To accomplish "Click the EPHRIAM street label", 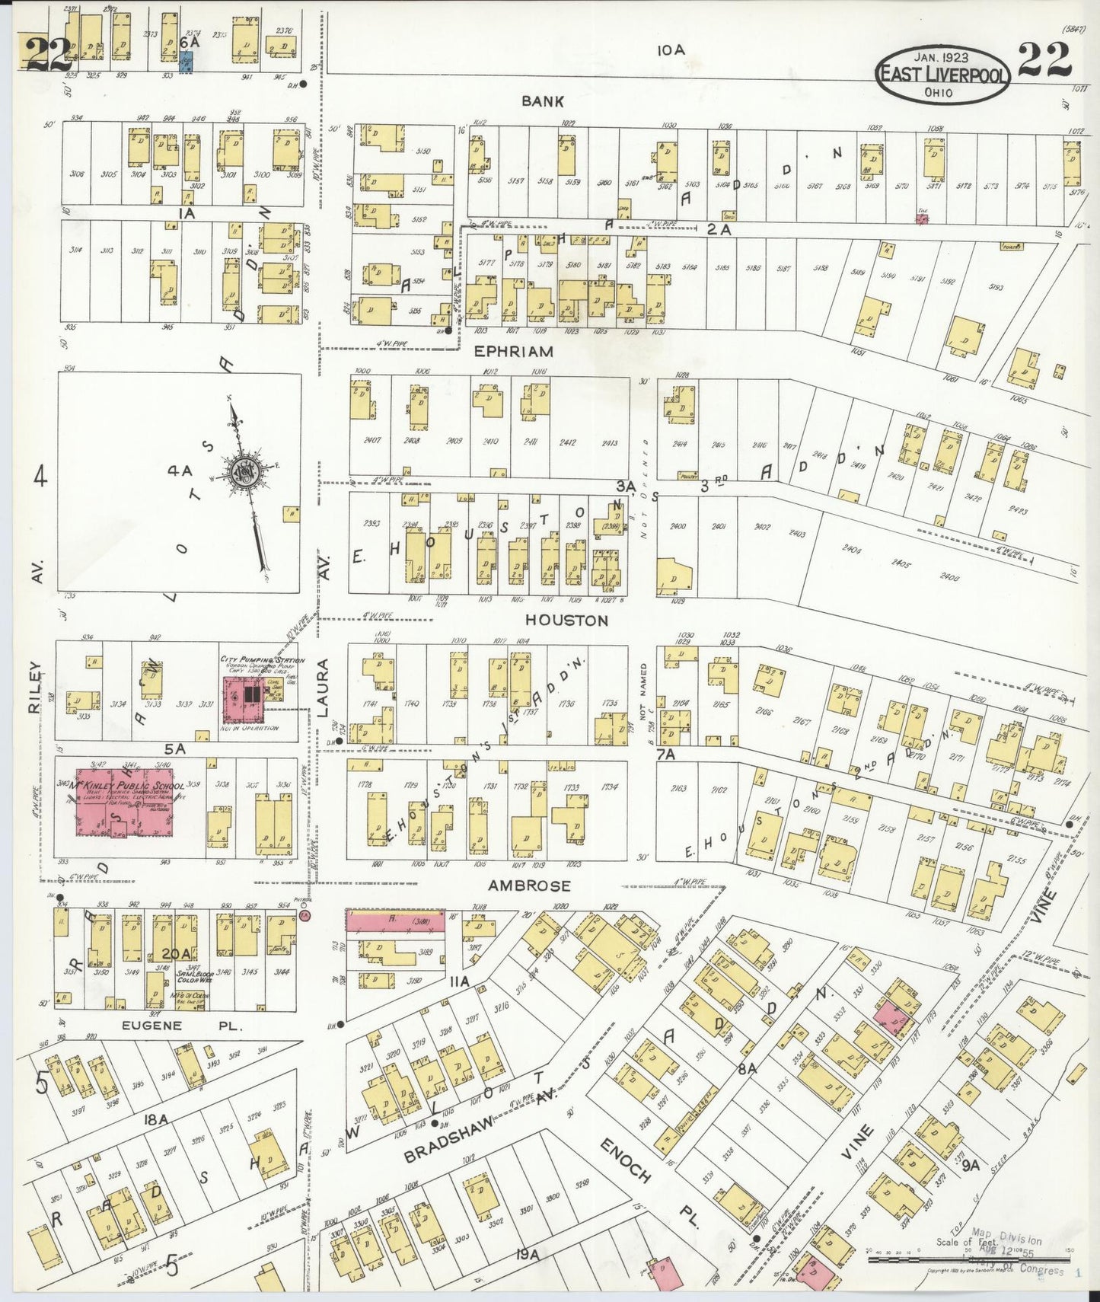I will [513, 352].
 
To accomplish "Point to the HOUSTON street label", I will [566, 621].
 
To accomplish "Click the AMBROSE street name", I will [529, 886].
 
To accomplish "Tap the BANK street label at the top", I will [543, 101].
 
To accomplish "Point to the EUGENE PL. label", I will [182, 1026].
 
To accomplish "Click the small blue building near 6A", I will [186, 62].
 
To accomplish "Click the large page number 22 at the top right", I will [1044, 59].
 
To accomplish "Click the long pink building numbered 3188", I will [394, 920].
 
